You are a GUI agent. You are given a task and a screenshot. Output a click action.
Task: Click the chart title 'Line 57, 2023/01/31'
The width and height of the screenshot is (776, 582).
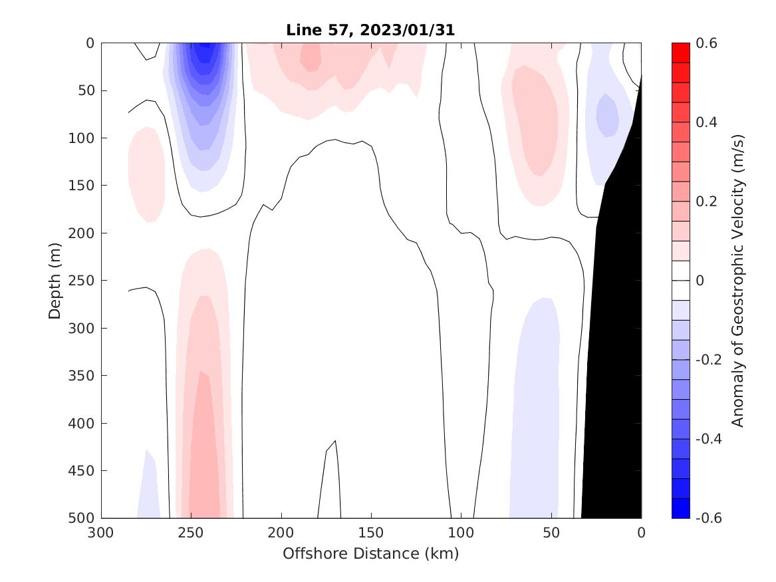coord(370,30)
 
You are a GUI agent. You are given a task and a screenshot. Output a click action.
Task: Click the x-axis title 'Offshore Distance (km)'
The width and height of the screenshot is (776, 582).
coord(370,553)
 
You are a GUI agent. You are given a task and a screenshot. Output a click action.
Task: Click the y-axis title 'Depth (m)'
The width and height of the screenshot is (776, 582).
coord(55,280)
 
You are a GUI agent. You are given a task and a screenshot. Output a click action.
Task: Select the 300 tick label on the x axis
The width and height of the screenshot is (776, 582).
coord(101,533)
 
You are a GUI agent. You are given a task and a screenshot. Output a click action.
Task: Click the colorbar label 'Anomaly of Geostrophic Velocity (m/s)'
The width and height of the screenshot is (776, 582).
coord(737,280)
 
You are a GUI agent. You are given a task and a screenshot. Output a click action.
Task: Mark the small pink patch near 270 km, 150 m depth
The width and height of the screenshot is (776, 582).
coord(146,174)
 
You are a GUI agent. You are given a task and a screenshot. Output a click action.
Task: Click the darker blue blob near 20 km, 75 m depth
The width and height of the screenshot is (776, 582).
coord(606,114)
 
